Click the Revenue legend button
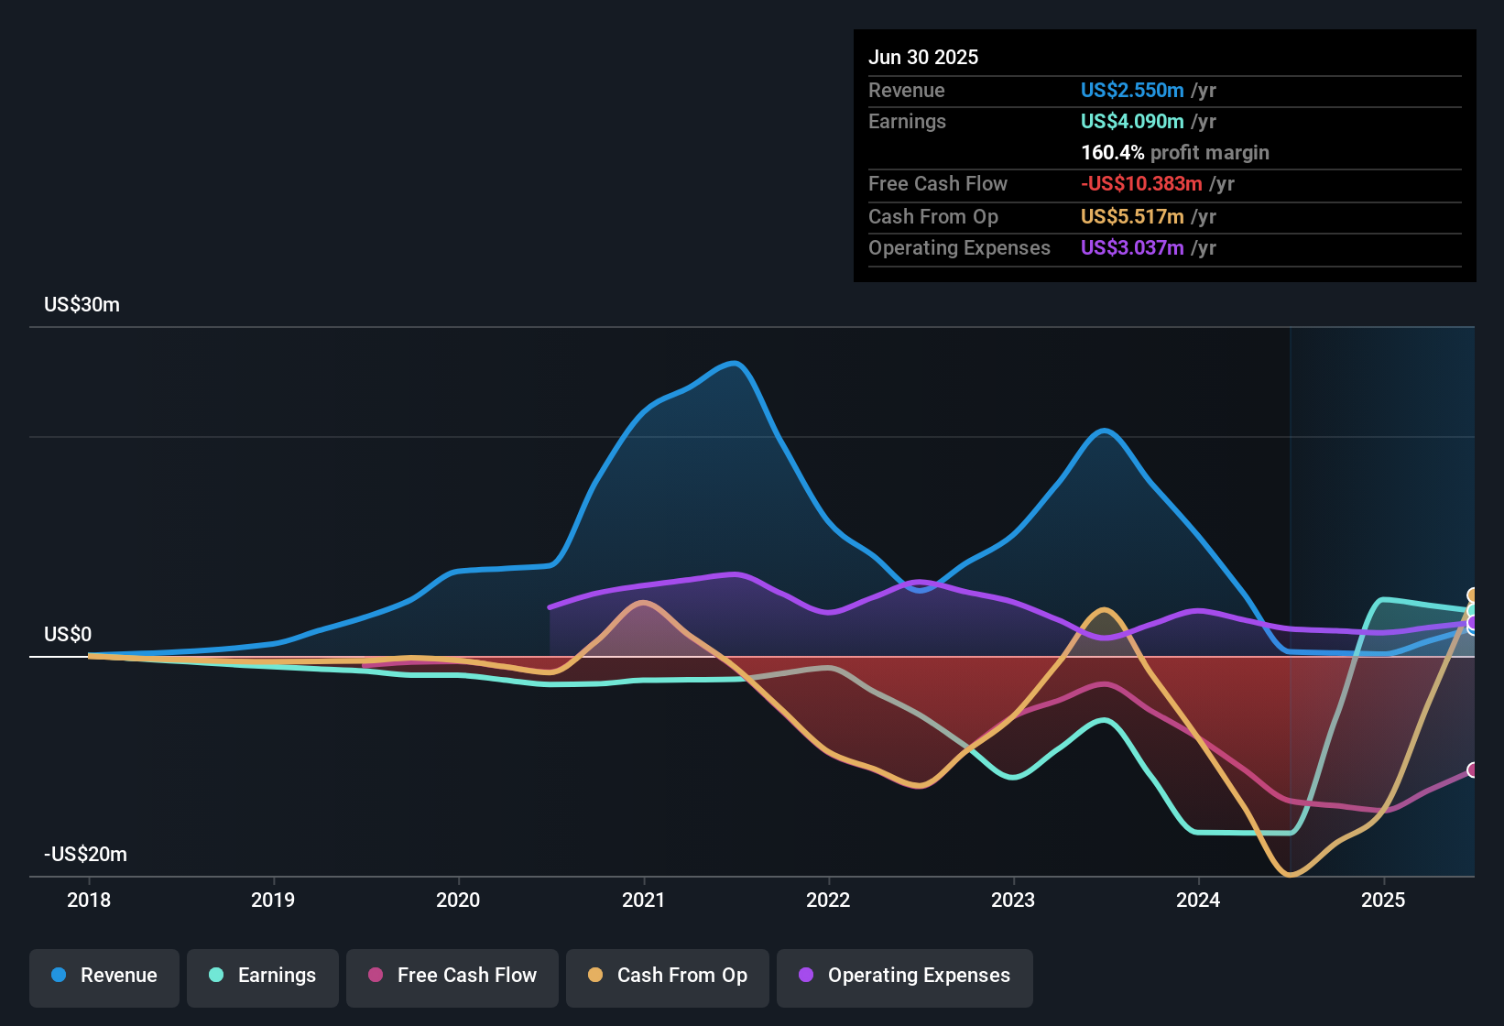(104, 976)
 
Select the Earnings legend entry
(263, 976)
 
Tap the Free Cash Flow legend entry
(452, 976)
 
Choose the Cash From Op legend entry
(668, 976)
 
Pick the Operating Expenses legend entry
(905, 976)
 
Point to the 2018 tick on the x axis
(89, 900)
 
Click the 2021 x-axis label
(643, 900)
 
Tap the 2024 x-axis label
(1198, 900)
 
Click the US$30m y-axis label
(82, 305)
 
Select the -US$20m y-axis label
(85, 855)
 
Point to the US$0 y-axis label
(68, 635)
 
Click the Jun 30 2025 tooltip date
(923, 58)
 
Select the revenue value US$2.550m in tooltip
(1132, 91)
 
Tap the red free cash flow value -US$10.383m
(1141, 184)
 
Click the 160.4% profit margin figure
(1112, 153)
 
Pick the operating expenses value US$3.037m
(1132, 248)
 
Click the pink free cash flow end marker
(1473, 770)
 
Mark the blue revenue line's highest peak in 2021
(735, 364)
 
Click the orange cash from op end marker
(1473, 595)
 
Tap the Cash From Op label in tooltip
(932, 217)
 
